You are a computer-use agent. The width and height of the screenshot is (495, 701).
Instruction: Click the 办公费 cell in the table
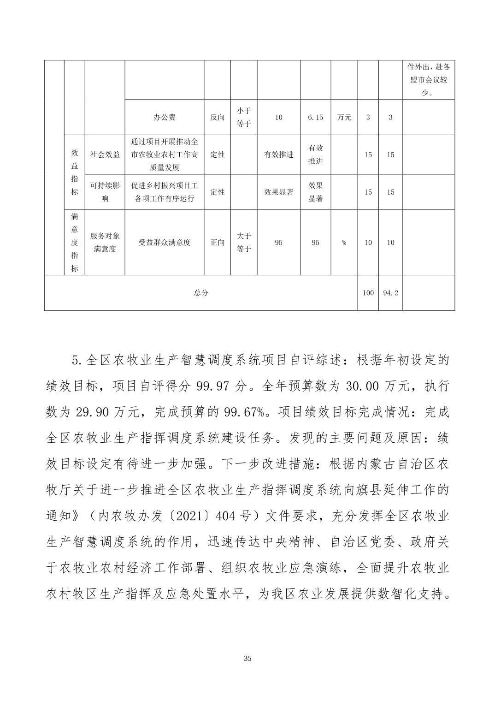[x=165, y=117]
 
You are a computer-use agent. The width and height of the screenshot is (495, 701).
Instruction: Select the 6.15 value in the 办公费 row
[x=315, y=117]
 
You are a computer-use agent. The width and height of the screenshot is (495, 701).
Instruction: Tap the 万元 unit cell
[x=344, y=117]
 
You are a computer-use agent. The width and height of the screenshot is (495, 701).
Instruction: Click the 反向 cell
[x=217, y=117]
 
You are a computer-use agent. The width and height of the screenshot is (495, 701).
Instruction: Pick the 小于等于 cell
[x=244, y=117]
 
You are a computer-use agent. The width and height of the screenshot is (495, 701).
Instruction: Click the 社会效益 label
[x=105, y=154]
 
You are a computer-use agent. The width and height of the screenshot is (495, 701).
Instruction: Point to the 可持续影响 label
[x=105, y=192]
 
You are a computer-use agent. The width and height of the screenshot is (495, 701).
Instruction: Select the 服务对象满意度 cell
[x=105, y=243]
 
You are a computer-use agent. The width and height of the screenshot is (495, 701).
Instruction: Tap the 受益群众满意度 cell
[x=165, y=243]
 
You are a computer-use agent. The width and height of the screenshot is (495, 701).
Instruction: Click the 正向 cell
[x=217, y=243]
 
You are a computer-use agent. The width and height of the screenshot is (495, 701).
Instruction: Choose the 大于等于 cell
[x=244, y=243]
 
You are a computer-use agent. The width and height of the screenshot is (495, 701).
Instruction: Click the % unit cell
[x=344, y=243]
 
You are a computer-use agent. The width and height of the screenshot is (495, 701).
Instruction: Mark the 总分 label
[x=201, y=293]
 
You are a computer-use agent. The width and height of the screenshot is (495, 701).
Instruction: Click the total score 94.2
[x=390, y=293]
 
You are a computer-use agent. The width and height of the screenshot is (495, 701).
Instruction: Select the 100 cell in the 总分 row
[x=368, y=293]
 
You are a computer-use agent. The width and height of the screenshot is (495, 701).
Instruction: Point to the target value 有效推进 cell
[x=278, y=154]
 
